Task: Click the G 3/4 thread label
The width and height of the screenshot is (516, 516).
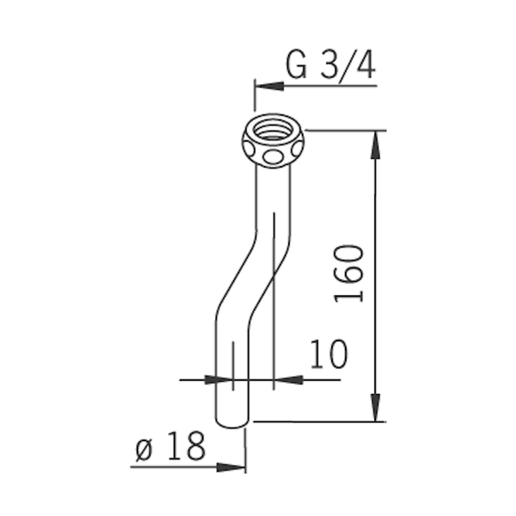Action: pyautogui.click(x=330, y=65)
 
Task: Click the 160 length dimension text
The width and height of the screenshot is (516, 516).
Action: pyautogui.click(x=349, y=273)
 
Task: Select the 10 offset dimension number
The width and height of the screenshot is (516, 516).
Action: pyautogui.click(x=329, y=353)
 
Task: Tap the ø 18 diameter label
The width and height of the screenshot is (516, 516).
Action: pyautogui.click(x=170, y=446)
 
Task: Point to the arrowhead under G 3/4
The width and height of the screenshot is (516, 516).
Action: pyautogui.click(x=269, y=86)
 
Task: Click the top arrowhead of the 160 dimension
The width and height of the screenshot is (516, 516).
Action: pyautogui.click(x=376, y=145)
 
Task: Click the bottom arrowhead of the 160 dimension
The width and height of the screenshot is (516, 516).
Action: pyautogui.click(x=376, y=407)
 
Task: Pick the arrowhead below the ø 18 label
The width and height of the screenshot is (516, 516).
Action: pyautogui.click(x=231, y=467)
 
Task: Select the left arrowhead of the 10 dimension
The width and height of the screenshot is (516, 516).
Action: pyautogui.click(x=218, y=380)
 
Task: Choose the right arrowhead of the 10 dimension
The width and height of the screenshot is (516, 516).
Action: pyautogui.click(x=288, y=380)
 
